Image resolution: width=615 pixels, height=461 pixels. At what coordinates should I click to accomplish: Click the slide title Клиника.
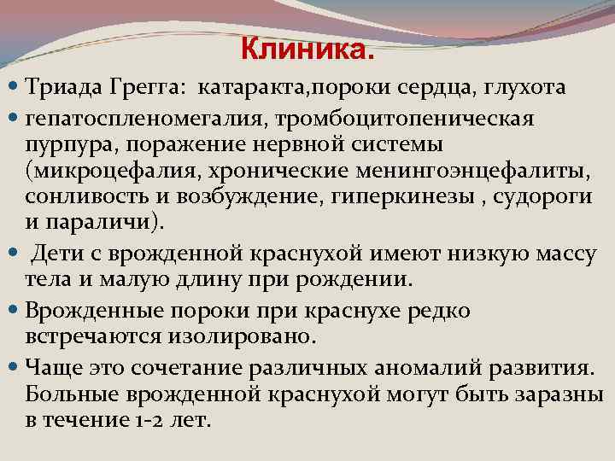point(307,50)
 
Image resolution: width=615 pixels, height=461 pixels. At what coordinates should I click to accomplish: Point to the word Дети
point(59,254)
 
